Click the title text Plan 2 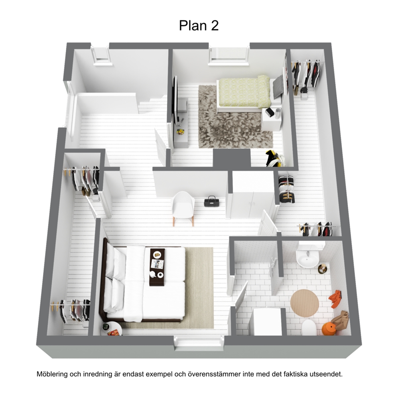coord(199,26)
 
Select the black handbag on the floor coord(211,201)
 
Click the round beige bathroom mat coord(305,303)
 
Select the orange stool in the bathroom coord(328,329)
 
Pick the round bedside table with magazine coord(112,329)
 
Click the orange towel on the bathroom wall coord(336,299)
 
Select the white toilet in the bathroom coord(309,327)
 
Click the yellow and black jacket coord(274,158)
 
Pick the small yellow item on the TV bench coord(181,132)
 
